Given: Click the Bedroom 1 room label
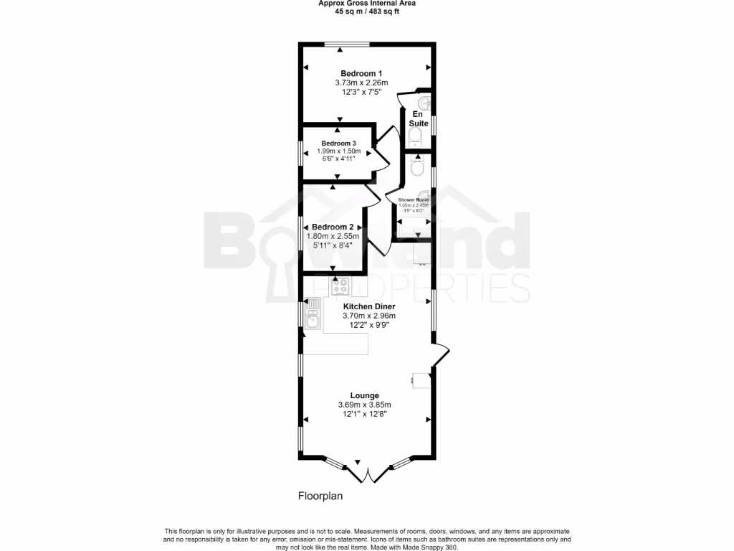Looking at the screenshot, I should click(x=361, y=73).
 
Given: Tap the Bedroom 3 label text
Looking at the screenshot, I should click(x=338, y=143).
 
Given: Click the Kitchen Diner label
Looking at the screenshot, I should click(x=369, y=306).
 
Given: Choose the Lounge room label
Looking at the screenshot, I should click(x=364, y=395).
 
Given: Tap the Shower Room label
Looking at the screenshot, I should click(x=413, y=200).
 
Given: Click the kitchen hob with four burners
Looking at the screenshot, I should click(x=339, y=286).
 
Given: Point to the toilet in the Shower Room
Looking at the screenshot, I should click(x=419, y=169).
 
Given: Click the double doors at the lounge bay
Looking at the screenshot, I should click(x=366, y=474).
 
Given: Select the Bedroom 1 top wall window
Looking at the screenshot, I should click(x=347, y=44).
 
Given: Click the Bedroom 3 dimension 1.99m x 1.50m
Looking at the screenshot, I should click(x=338, y=151).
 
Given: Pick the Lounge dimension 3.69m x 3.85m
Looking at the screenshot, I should click(x=364, y=405).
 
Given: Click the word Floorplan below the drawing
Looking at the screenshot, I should click(x=320, y=496).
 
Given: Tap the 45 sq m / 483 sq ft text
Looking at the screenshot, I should click(x=367, y=11).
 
